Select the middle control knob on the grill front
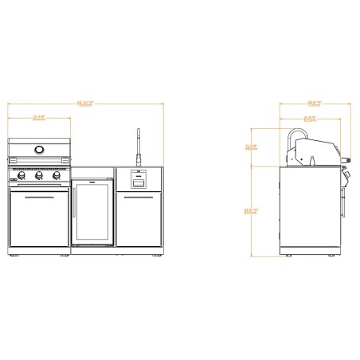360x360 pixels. tap(38, 176)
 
